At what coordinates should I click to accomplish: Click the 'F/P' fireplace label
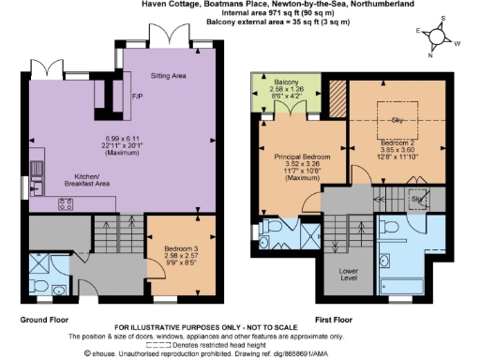click(137, 97)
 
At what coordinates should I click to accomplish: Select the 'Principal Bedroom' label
click(297, 157)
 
